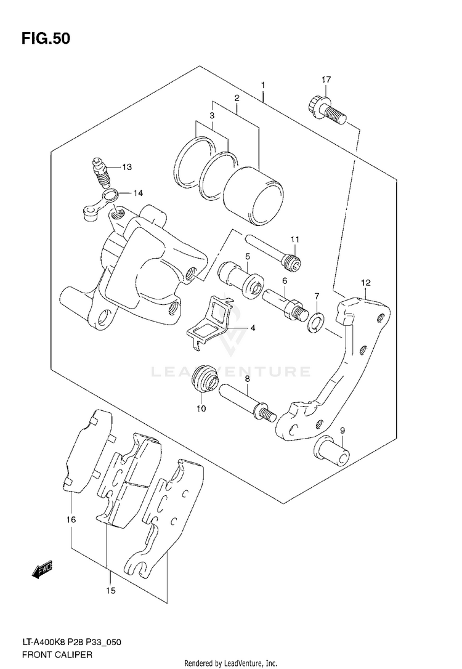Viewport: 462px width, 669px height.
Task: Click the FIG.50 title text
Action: click(x=46, y=39)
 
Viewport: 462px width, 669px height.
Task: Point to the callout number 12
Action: click(x=365, y=283)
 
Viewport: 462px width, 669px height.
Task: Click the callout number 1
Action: click(x=263, y=84)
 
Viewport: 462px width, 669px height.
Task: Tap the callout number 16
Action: click(x=71, y=520)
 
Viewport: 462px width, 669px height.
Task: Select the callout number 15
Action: click(x=110, y=591)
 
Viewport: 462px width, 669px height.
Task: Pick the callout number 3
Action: click(x=211, y=115)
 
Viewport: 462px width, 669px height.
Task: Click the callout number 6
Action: click(x=285, y=280)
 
